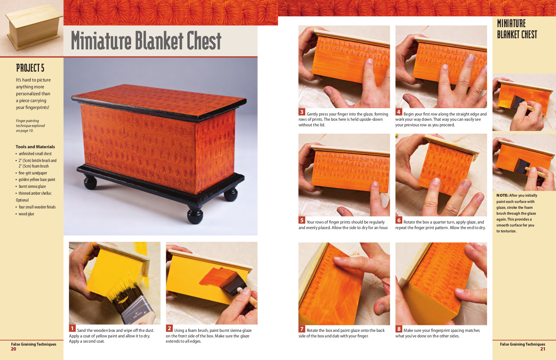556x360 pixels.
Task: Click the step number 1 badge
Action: point(72,329)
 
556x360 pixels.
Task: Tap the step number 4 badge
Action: point(399,112)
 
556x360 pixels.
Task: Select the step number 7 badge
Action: point(302,329)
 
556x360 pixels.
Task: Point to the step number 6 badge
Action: point(399,220)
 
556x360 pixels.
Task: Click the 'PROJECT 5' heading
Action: point(30,68)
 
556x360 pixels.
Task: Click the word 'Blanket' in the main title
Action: point(159,41)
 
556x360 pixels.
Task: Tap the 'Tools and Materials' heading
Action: point(35,147)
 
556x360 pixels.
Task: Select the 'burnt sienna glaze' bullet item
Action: point(32,186)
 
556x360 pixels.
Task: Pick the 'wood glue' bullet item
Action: point(26,214)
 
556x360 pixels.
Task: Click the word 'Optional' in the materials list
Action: point(22,200)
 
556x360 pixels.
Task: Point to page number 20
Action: point(13,349)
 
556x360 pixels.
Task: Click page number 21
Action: point(543,349)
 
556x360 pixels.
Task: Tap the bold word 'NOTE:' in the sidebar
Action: point(502,195)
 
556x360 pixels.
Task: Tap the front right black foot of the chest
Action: point(195,215)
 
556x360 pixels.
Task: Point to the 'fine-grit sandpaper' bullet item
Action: point(32,173)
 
